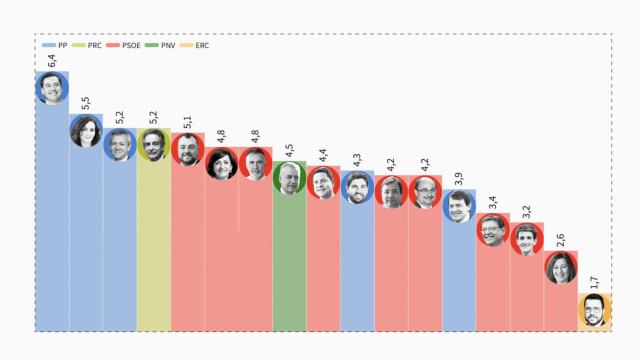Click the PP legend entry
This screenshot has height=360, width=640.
click(x=57, y=46)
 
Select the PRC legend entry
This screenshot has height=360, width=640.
click(x=89, y=46)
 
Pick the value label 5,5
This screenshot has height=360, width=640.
click(x=86, y=102)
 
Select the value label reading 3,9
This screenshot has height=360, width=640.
click(x=459, y=178)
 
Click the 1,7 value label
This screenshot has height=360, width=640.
click(x=595, y=282)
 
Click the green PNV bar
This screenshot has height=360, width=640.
click(x=289, y=260)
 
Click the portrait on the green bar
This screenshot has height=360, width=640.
click(x=289, y=178)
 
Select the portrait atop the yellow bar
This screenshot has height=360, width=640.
click(x=153, y=145)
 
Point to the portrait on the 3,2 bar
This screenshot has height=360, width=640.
click(x=527, y=239)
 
